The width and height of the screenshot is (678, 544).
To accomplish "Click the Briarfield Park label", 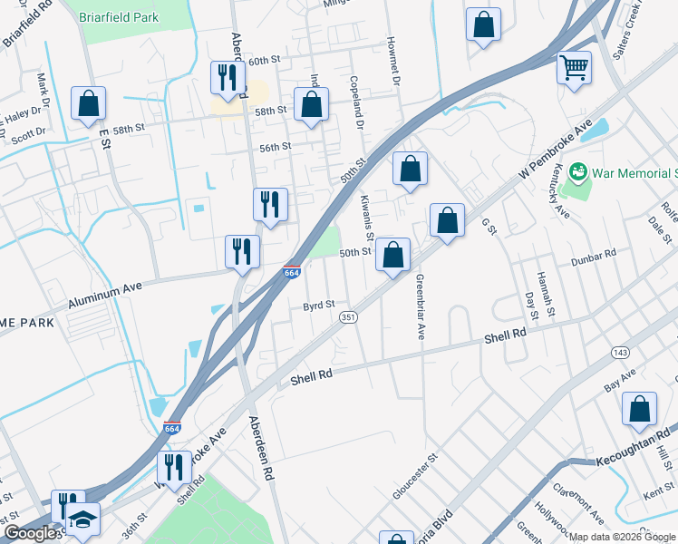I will (x=119, y=17).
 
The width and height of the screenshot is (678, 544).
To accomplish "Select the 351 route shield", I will (x=348, y=317).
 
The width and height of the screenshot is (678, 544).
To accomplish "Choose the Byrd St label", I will (x=319, y=305).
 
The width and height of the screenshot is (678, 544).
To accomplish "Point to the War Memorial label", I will (x=635, y=172).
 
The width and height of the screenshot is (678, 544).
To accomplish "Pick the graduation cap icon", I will (x=83, y=519).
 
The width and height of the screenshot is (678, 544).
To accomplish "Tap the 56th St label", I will (x=275, y=146).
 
